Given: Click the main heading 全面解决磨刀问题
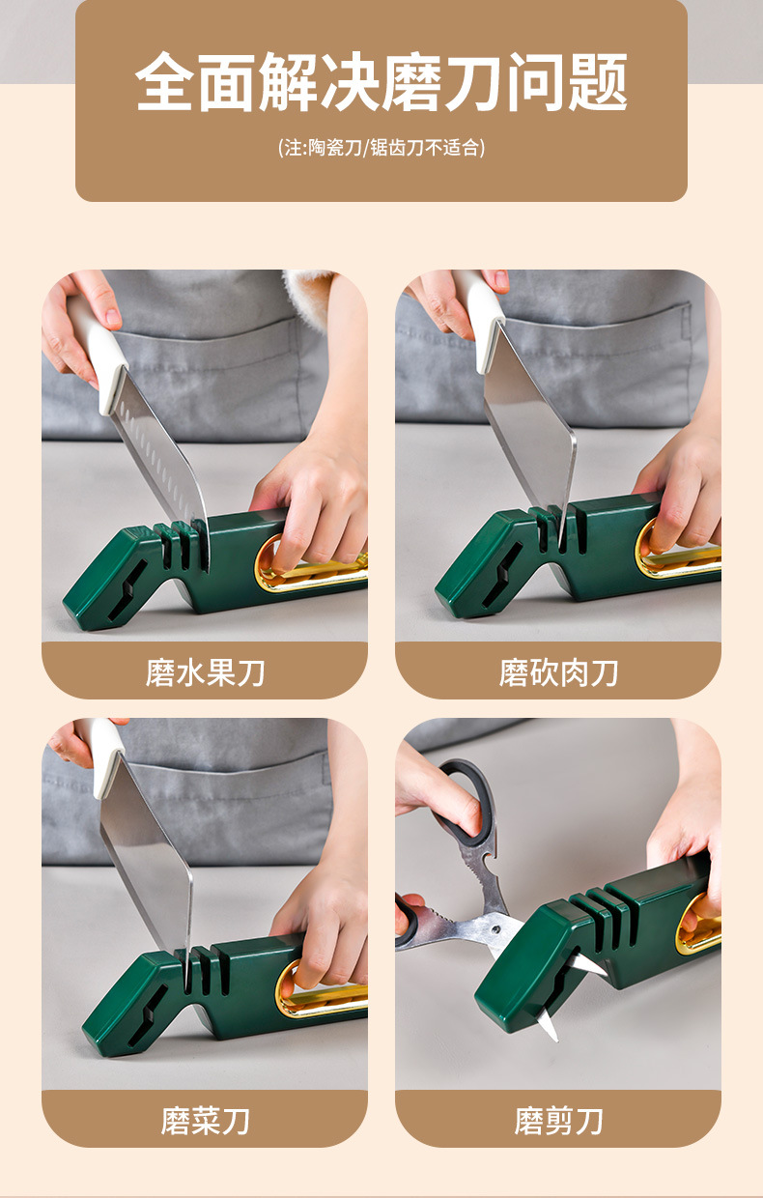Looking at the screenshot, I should click(381, 83).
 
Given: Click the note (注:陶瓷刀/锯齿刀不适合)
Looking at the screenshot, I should click(381, 148).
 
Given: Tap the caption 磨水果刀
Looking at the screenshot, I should click(205, 672).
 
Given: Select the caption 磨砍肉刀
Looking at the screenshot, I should click(558, 672).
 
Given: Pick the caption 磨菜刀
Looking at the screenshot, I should click(205, 1121).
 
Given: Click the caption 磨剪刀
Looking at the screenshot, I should click(558, 1121).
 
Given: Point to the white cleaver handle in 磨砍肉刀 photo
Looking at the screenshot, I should click(480, 314).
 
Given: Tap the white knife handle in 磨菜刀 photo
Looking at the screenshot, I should click(106, 758).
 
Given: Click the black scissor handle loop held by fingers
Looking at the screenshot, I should click(464, 797).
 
